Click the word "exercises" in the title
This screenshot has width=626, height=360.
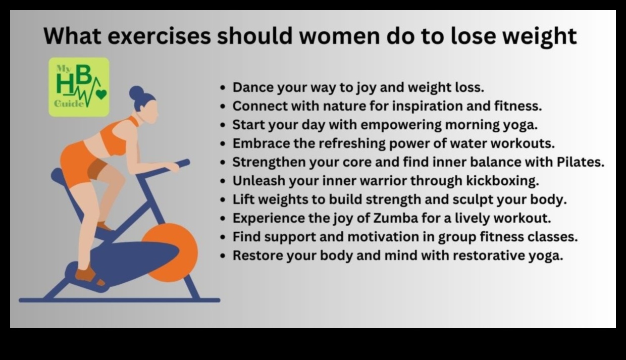click(x=159, y=36)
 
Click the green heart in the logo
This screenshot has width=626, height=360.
click(x=101, y=94)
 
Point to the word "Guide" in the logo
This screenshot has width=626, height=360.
click(x=69, y=104)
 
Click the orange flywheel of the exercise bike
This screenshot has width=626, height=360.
click(x=170, y=252)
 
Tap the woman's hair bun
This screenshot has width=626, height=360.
click(x=137, y=92)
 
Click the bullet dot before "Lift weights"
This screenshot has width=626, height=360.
click(x=223, y=200)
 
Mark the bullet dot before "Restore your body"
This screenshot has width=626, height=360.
click(x=223, y=256)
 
